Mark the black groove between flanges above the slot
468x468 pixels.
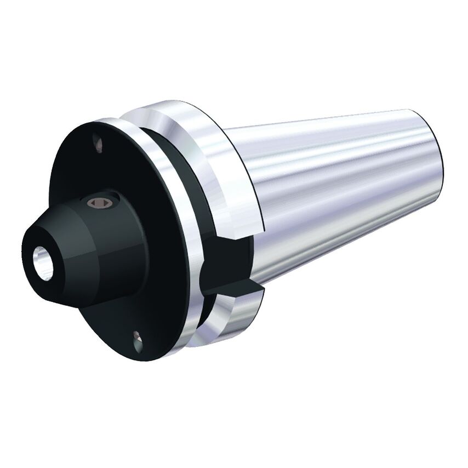(x=181, y=164)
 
